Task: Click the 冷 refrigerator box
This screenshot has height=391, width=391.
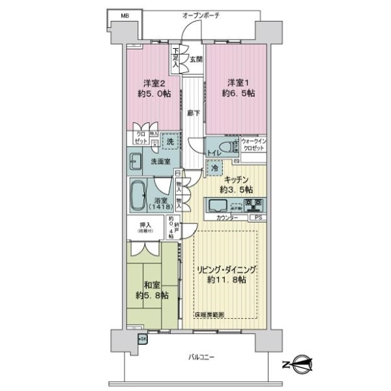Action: pos(214,167)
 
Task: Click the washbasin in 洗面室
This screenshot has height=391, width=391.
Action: pos(136,160)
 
